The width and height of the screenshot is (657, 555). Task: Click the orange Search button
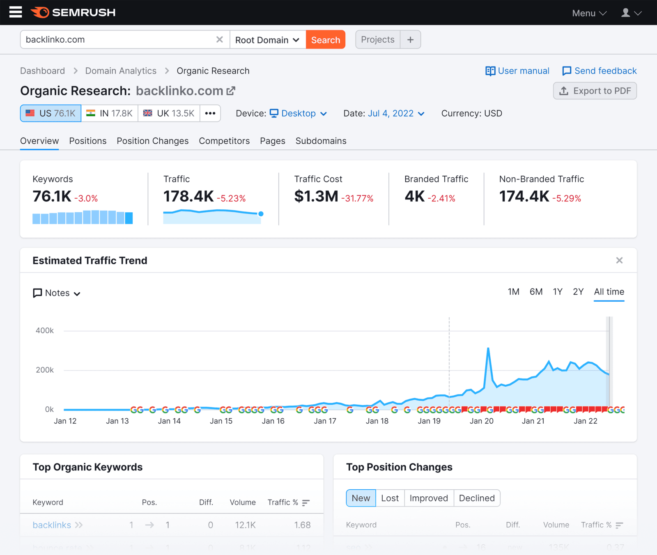tap(325, 40)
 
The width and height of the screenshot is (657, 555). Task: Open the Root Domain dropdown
tap(267, 40)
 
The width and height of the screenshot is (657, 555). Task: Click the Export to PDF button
tap(595, 91)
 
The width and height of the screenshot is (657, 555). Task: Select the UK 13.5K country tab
tap(169, 113)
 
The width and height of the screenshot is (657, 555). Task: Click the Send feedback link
tap(599, 71)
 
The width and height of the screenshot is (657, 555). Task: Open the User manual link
tap(517, 71)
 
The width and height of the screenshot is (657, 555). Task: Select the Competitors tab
tap(224, 141)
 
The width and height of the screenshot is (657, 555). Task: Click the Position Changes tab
tap(152, 141)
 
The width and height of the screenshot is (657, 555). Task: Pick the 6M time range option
tap(536, 292)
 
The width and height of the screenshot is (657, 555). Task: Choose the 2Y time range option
tap(578, 292)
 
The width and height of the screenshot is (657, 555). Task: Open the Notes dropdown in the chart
tap(57, 293)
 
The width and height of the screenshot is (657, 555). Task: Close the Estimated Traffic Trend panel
tap(619, 261)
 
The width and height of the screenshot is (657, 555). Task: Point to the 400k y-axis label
tap(45, 330)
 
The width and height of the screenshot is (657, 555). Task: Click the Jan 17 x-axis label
tap(325, 421)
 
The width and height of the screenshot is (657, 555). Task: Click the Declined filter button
tap(476, 498)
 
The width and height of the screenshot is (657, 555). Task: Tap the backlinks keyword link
tap(52, 525)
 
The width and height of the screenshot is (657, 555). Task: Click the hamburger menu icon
tap(16, 12)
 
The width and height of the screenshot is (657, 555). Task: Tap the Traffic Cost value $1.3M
tap(316, 197)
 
